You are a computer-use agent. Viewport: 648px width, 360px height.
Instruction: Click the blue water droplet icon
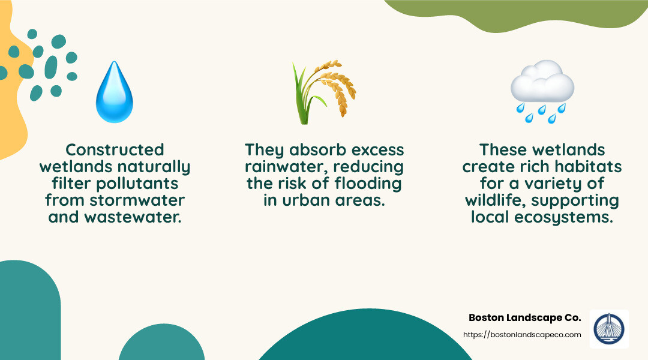point(115,92)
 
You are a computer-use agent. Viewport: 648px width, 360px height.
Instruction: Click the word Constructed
point(115,149)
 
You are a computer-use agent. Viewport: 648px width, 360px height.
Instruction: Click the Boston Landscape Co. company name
point(524,317)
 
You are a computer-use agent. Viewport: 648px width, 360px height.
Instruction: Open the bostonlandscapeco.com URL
point(522,335)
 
